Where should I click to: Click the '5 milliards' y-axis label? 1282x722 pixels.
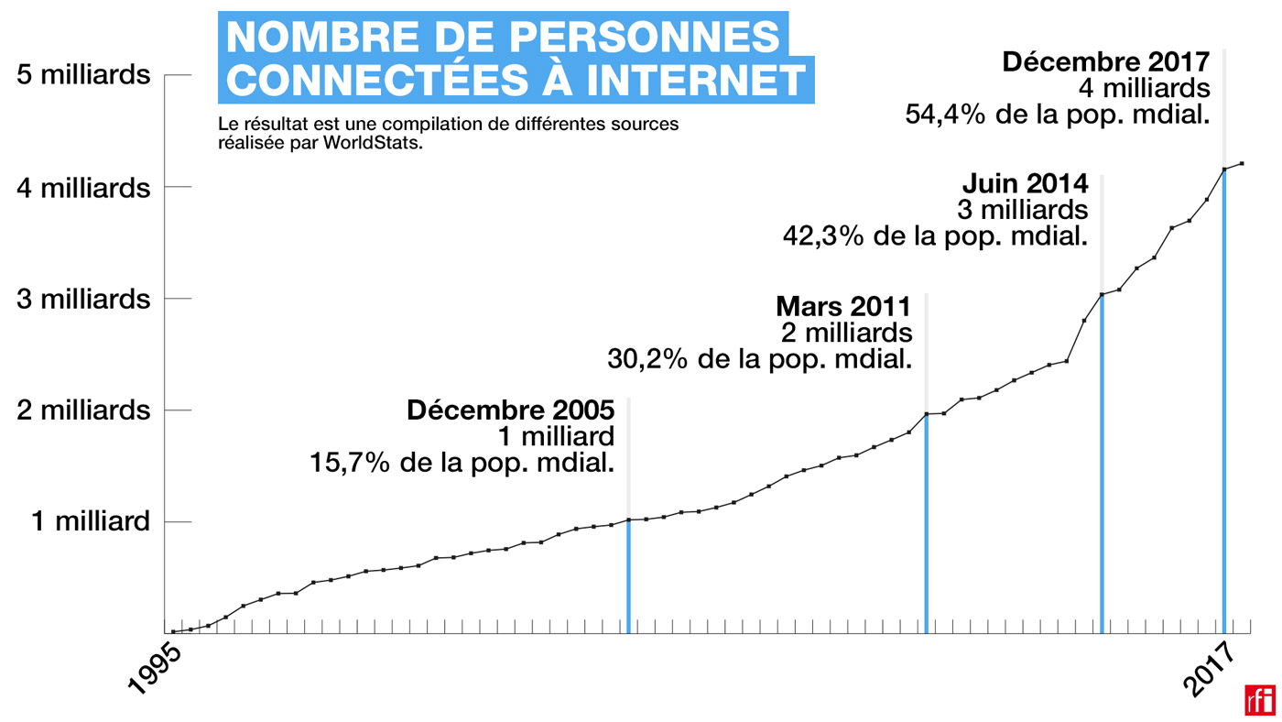pyautogui.click(x=83, y=74)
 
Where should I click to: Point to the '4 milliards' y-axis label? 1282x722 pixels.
pyautogui.click(x=83, y=187)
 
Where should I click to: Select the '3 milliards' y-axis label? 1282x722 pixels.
pyautogui.click(x=83, y=299)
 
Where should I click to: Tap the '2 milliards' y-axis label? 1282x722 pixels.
pyautogui.click(x=83, y=410)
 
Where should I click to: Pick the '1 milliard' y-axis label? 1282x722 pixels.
pyautogui.click(x=91, y=521)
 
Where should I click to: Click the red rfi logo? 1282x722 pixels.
pyautogui.click(x=1259, y=700)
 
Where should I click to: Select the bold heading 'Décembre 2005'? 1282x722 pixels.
pyautogui.click(x=510, y=409)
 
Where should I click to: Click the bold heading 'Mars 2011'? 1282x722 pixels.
pyautogui.click(x=843, y=305)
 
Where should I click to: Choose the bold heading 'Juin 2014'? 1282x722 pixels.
pyautogui.click(x=1025, y=183)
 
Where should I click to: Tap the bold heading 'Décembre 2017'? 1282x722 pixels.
pyautogui.click(x=1106, y=61)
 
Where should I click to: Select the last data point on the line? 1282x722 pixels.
pyautogui.click(x=1242, y=163)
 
